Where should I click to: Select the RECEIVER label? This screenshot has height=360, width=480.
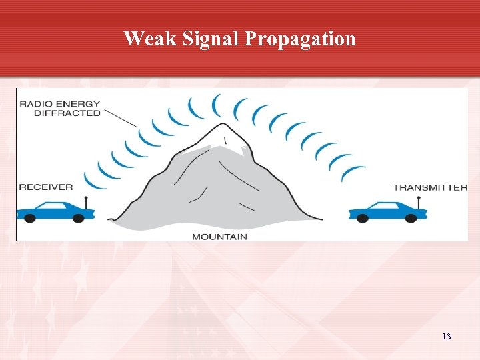[x=45, y=187]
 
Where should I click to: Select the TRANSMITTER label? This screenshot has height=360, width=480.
[x=430, y=187]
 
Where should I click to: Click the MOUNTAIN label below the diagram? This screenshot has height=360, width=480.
[x=219, y=237]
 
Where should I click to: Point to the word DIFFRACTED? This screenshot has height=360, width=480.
[x=60, y=113]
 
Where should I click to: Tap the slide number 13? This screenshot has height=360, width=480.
[x=446, y=337]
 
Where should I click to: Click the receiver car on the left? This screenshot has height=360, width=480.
[x=53, y=211]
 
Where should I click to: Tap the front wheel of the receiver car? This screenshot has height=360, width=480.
[x=29, y=217]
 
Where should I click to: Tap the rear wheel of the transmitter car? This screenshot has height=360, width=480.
[x=411, y=217]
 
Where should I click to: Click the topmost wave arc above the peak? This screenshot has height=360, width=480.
[x=216, y=105]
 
